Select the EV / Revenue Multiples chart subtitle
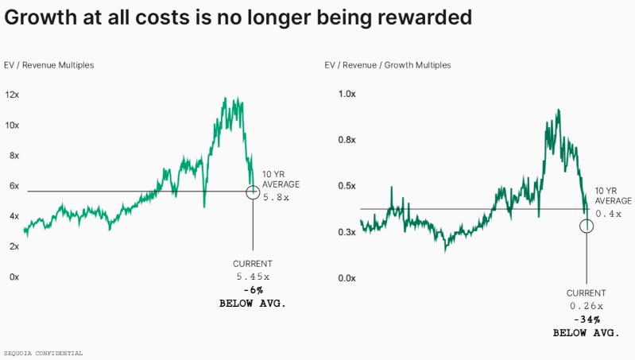(49, 65)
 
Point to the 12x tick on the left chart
(12, 95)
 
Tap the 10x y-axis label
(12, 125)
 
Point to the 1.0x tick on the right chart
(347, 95)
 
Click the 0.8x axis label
(347, 140)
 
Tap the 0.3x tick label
(347, 232)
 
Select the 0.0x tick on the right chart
(347, 278)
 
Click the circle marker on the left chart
(253, 192)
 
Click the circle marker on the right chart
(587, 226)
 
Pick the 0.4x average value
(608, 214)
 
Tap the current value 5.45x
(253, 277)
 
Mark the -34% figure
(587, 319)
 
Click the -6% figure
(253, 290)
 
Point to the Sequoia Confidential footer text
(43, 352)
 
